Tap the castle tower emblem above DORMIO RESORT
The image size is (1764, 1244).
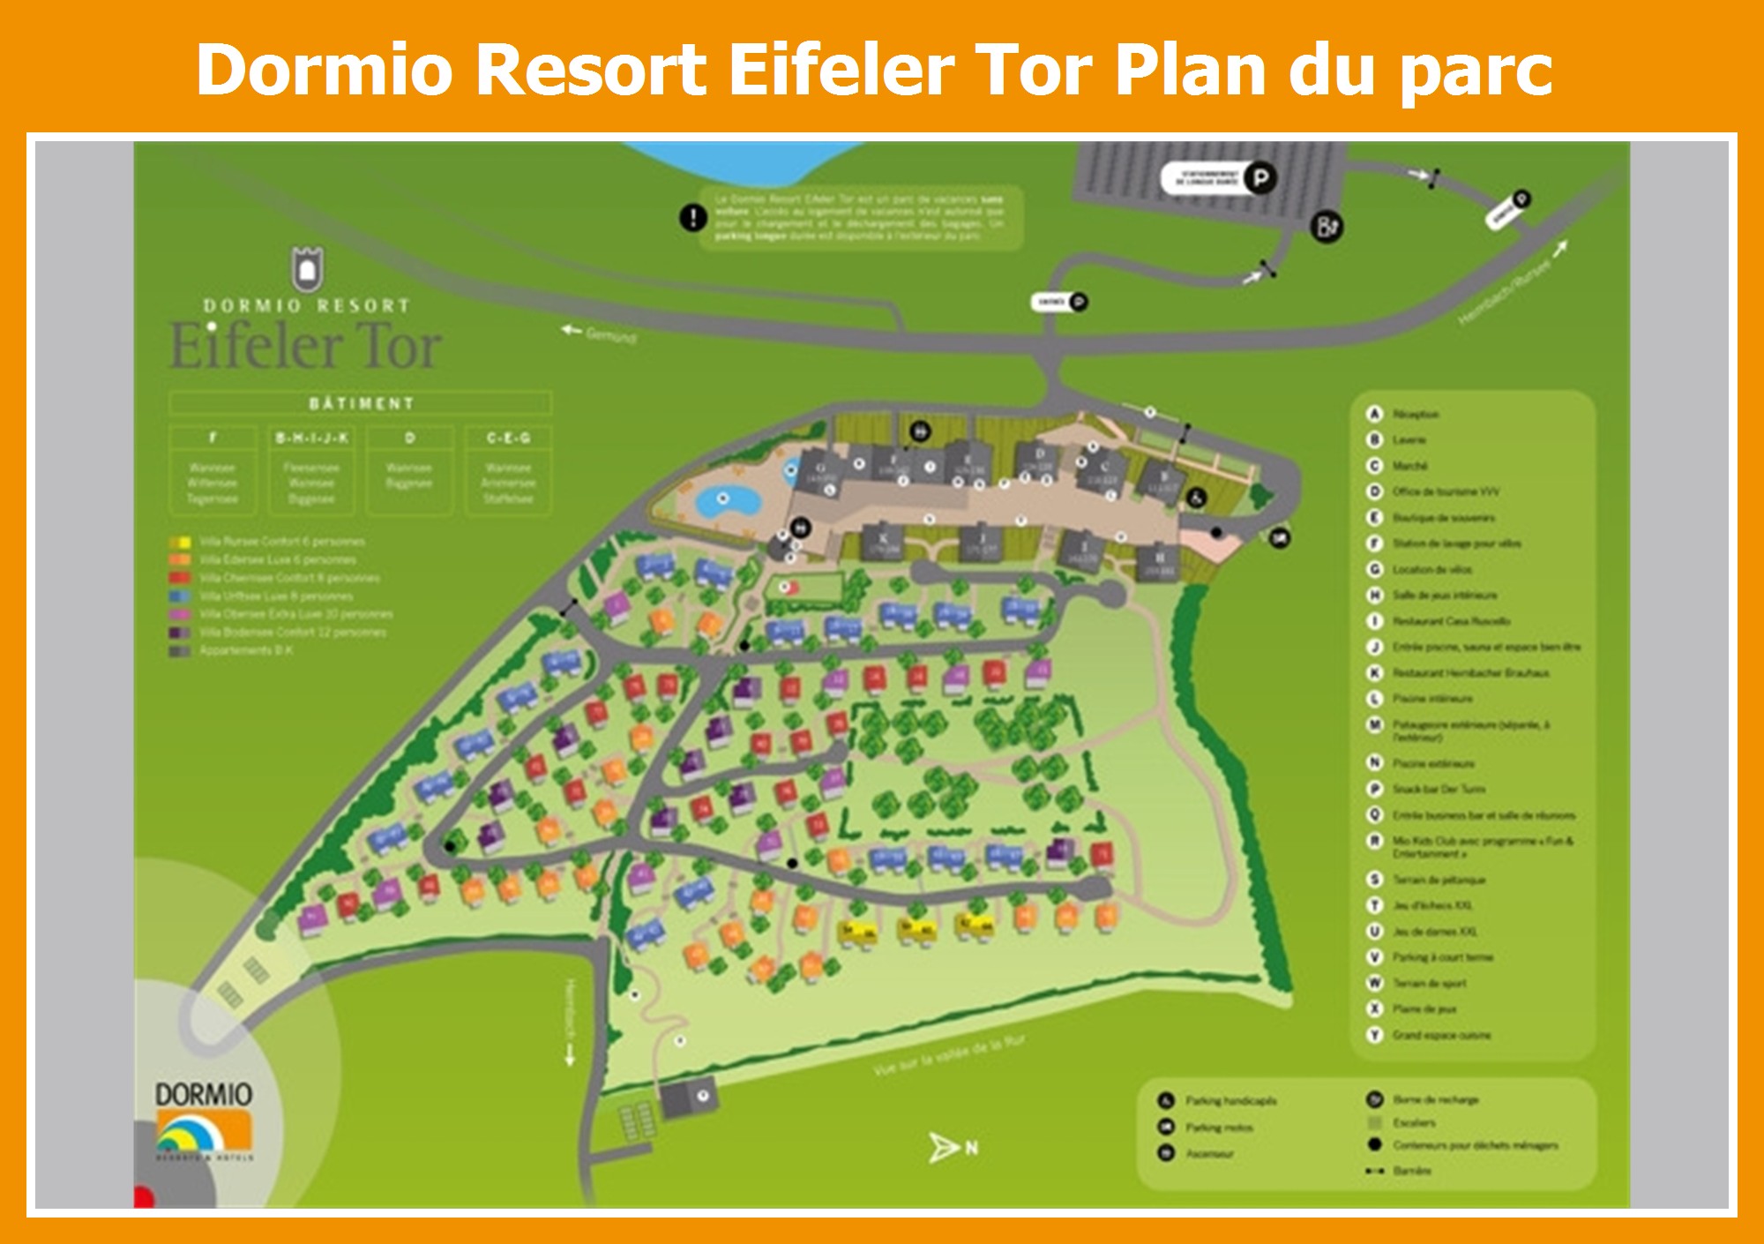(307, 266)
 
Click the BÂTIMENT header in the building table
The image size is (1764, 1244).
(361, 403)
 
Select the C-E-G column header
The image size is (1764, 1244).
(508, 438)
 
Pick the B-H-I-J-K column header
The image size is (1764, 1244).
(311, 438)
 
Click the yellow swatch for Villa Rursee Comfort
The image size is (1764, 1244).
(180, 542)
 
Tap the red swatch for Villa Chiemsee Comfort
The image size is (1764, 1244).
(180, 578)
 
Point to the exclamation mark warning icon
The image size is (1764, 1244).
(692, 217)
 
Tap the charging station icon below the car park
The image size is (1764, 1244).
(1326, 228)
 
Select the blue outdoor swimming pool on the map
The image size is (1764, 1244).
(726, 502)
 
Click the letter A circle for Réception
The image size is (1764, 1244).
(1373, 414)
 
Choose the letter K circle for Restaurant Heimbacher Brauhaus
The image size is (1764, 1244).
(1373, 672)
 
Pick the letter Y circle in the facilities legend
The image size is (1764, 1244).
(1373, 1035)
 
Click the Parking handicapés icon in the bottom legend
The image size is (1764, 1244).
(1166, 1101)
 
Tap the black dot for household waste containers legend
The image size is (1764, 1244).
(1373, 1145)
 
